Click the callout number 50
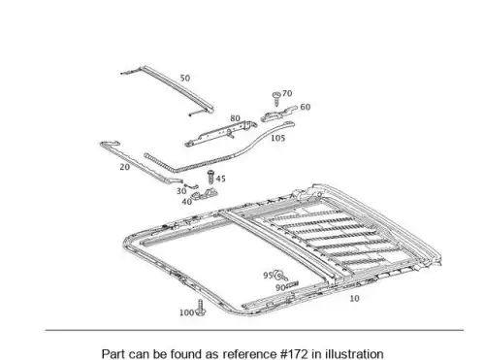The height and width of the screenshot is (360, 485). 185,78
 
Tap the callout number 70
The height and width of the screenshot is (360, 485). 287,93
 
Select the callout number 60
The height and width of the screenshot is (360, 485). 306,107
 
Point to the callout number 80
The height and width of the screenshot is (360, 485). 235,118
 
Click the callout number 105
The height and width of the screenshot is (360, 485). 277,138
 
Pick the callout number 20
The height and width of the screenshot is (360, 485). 125,167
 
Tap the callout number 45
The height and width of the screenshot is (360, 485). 220,179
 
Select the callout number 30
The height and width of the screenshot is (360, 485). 181,191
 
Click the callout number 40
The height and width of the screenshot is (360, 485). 187,202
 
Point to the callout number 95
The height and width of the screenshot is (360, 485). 268,276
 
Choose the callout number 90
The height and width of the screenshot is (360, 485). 280,287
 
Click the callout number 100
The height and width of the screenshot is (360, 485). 186,312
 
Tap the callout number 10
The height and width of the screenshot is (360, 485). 354,299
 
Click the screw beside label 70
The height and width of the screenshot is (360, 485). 276,99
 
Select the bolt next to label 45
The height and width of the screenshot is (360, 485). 210,177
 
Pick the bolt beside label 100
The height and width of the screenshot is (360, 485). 201,308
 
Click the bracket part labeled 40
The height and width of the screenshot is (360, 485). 204,195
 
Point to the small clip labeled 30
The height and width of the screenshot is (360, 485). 191,186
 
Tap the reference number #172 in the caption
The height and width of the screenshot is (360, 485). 294,354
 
